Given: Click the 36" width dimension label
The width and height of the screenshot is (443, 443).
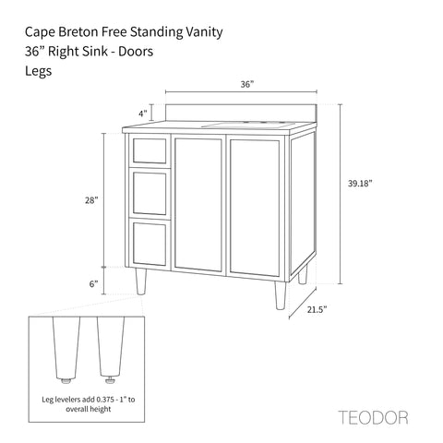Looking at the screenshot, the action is point(247,84).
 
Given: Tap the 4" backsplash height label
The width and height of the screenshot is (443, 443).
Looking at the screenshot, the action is point(143,114).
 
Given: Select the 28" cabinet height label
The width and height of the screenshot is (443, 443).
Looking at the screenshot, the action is point(91,200).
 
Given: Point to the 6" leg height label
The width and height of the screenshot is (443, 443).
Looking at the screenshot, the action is point(93,283).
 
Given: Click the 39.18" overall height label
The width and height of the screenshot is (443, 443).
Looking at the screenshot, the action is point(360,184).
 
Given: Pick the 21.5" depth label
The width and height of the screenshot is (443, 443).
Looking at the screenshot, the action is point(317,309).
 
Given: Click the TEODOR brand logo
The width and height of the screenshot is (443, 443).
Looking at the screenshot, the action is point(373,418).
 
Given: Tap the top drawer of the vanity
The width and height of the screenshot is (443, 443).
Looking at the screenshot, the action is point(150,150).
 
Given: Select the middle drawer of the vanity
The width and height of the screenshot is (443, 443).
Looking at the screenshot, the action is point(150,193).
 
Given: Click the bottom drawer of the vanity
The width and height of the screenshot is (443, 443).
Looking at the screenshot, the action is point(150,243).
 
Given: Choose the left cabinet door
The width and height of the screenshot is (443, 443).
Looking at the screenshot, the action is point(198,205).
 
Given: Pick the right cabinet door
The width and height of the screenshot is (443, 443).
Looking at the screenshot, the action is point(255,208).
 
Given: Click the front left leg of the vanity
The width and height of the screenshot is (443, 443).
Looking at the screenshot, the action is point(141,281).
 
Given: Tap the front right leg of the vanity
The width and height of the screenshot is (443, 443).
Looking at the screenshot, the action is point(281,295).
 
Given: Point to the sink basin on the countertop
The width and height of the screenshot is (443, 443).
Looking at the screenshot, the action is point(248,125).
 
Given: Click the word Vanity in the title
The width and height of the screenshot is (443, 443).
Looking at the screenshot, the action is point(204,32).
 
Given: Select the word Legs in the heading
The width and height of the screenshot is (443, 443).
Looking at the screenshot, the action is point(38,71).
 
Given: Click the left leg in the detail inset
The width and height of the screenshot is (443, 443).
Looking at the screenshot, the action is point(66,348).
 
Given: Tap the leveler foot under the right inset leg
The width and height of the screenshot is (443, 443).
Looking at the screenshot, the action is point(110,381).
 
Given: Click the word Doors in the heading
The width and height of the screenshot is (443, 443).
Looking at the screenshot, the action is point(136,52).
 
